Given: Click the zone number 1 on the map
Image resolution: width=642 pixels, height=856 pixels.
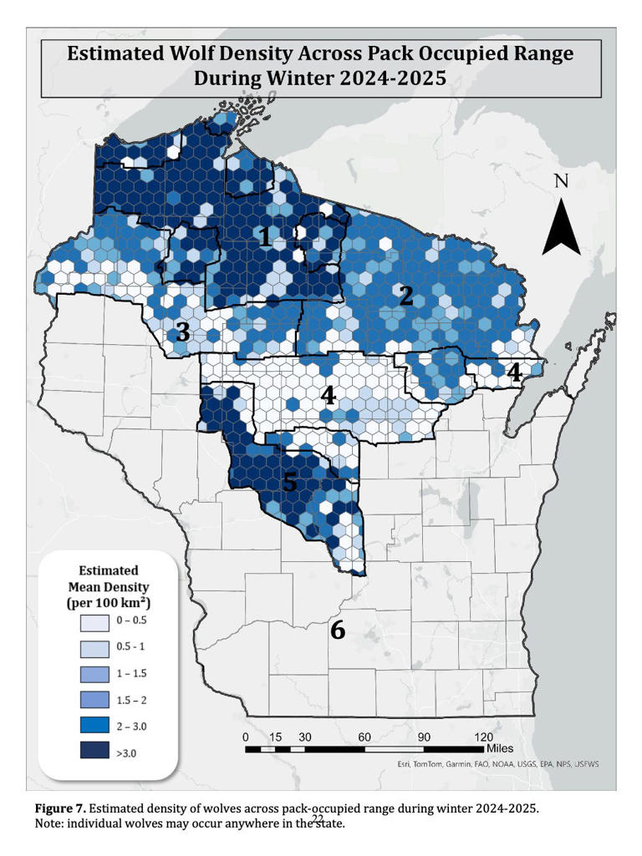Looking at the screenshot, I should tap(265, 237).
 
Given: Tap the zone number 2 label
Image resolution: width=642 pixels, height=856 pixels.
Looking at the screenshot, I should tap(406, 296).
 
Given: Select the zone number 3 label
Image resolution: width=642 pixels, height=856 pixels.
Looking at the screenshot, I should tap(182, 332).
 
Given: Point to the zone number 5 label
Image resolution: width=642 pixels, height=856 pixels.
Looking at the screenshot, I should tap(289, 482).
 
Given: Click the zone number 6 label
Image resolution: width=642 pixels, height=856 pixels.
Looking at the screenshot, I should tap(338, 630).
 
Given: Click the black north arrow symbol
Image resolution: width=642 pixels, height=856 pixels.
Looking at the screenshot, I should tap(561, 224).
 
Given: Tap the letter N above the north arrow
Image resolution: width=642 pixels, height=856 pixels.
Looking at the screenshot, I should tap(562, 181).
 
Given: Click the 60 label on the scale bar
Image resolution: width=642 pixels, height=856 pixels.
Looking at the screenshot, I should tap(364, 737).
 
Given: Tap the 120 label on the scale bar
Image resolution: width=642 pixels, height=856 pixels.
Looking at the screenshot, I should tap(483, 737).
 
